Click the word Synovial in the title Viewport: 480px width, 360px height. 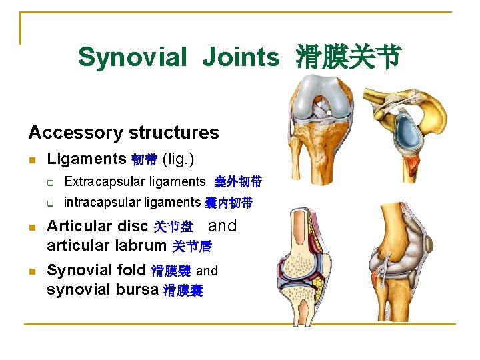(x=132, y=57)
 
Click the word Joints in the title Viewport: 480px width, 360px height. (x=241, y=57)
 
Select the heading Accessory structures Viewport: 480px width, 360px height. (x=123, y=132)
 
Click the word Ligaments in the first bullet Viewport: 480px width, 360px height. (x=86, y=159)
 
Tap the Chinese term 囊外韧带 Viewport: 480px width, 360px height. (x=238, y=181)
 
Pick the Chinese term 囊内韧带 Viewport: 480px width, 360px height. (x=229, y=203)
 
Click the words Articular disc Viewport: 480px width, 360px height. (x=97, y=226)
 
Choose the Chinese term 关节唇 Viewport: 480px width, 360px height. (x=192, y=246)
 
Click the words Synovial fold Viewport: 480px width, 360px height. (x=97, y=270)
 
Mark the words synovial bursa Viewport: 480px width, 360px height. (x=102, y=290)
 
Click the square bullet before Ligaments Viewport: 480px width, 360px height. (x=32, y=160)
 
